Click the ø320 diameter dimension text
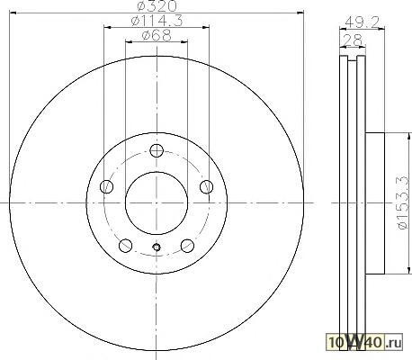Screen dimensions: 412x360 tap(157, 6)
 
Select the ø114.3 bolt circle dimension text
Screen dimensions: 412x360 tap(157, 21)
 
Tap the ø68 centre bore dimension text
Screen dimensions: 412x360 tap(157, 35)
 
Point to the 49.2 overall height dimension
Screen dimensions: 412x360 tap(363, 22)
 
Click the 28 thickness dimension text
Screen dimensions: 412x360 tap(353, 40)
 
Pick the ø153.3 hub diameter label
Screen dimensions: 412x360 tap(403, 203)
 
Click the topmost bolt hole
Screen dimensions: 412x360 tap(157, 150)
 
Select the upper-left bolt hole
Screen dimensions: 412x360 tap(106, 186)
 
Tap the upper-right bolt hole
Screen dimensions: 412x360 tap(207, 186)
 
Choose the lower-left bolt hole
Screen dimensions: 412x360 tap(126, 246)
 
